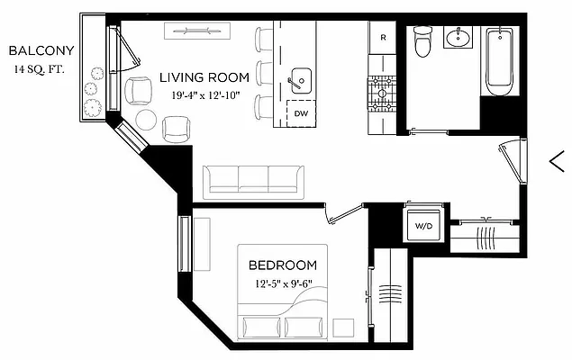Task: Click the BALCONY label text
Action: (x=42, y=50)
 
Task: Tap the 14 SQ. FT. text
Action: (x=42, y=68)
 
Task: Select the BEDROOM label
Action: (x=283, y=265)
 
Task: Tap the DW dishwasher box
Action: (x=301, y=114)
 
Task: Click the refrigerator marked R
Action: (x=383, y=38)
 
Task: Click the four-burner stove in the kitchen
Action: (x=382, y=90)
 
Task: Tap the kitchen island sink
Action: (x=299, y=79)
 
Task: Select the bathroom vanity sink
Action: (x=460, y=38)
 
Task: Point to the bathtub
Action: (x=500, y=61)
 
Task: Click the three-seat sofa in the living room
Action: (x=251, y=181)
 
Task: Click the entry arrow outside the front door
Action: (x=556, y=161)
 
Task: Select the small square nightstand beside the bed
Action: (x=343, y=326)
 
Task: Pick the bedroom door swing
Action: (x=341, y=214)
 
